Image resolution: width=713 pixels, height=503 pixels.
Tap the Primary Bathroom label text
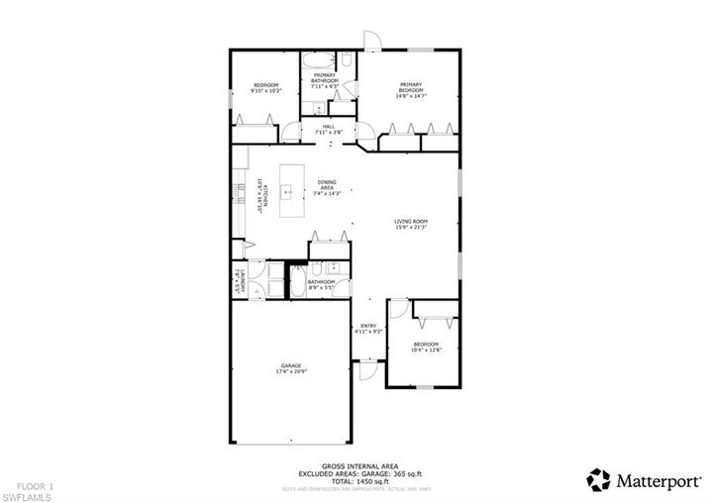click(325, 81)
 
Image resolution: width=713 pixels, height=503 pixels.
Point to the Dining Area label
click(327, 187)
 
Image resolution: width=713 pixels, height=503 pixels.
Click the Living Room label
click(410, 226)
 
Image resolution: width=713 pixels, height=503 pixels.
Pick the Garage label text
click(290, 367)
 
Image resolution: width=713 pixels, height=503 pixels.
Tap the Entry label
click(367, 328)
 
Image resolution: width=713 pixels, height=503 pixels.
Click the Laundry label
click(238, 281)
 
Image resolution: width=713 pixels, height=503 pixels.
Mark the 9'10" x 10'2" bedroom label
click(265, 88)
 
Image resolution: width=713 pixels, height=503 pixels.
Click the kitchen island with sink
click(292, 190)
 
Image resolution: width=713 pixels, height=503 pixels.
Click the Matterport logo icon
click(598, 479)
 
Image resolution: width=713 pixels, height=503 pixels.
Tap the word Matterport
click(656, 479)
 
